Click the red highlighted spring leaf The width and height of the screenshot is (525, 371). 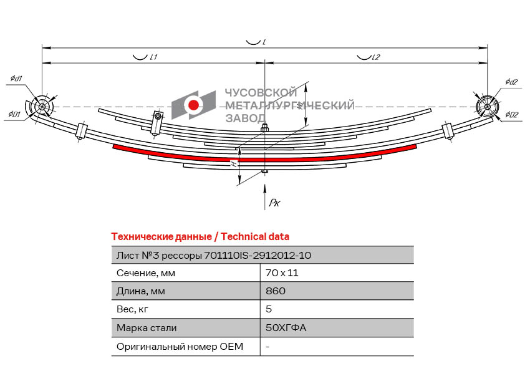(265, 158)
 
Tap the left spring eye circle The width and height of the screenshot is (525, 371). (42, 107)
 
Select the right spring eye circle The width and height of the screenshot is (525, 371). (486, 107)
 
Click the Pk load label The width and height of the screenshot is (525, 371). (274, 203)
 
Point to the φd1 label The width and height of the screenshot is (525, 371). (16, 79)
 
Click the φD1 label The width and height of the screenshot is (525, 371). (15, 115)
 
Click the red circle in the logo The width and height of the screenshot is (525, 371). (194, 105)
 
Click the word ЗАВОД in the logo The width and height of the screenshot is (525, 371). (245, 118)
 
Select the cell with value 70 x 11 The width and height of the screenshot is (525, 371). (279, 273)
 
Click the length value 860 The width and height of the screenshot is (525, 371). (276, 291)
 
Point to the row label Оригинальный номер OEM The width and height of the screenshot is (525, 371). (180, 346)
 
